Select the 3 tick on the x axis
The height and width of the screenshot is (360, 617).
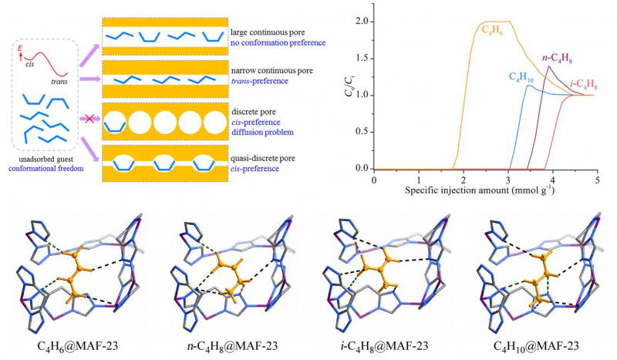tap(508, 178)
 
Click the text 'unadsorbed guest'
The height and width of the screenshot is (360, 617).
tap(54, 156)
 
